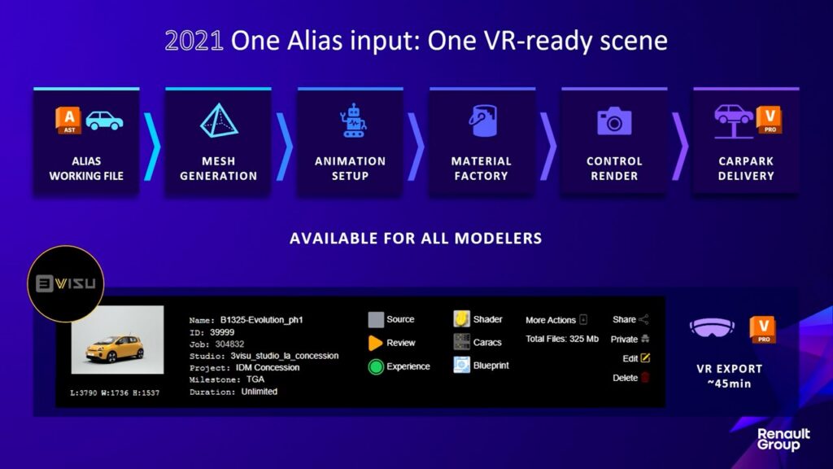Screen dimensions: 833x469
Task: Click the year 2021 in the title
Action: tap(194, 41)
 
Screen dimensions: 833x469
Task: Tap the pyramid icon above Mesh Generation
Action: tap(218, 121)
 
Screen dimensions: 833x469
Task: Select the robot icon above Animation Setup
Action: tap(353, 121)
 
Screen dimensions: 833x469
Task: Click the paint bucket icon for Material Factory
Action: tap(482, 121)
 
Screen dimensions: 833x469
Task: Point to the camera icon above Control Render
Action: tap(614, 121)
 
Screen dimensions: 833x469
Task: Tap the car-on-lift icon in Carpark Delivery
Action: tap(733, 121)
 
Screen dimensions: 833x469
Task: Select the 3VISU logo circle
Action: tap(65, 283)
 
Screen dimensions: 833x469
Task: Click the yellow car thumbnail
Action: tap(117, 340)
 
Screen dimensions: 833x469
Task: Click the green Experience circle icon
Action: tap(376, 367)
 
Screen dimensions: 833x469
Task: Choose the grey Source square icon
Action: tap(376, 319)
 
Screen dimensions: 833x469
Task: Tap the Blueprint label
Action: tap(491, 366)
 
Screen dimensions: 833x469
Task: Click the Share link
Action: tap(624, 319)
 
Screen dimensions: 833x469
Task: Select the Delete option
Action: tap(626, 378)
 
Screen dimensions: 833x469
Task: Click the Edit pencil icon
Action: tap(645, 358)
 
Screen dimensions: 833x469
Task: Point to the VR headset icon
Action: tap(712, 327)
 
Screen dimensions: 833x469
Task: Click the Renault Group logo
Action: tap(783, 440)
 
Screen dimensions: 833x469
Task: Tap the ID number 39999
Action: tap(222, 332)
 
